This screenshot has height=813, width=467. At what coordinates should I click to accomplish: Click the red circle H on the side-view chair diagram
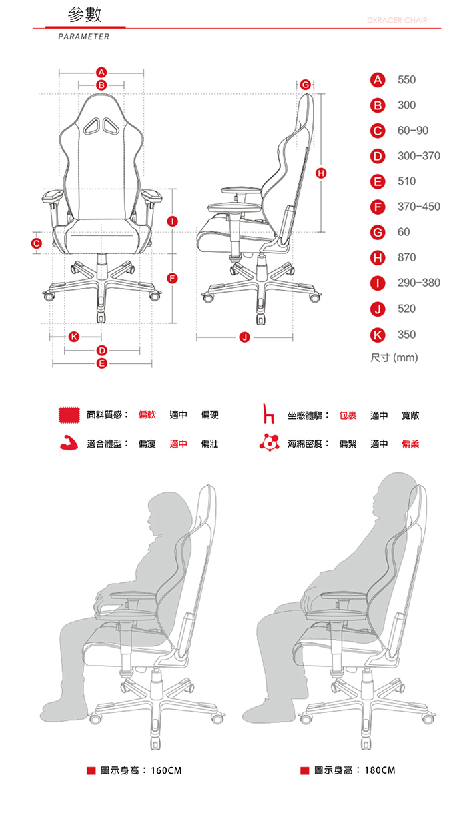pyautogui.click(x=321, y=173)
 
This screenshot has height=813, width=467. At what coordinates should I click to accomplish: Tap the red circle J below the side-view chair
pyautogui.click(x=244, y=337)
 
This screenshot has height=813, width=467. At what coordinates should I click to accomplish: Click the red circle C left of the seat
pyautogui.click(x=36, y=243)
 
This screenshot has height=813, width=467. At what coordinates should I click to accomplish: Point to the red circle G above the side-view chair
pyautogui.click(x=306, y=85)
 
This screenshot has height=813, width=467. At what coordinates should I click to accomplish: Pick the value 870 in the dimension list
pyautogui.click(x=406, y=257)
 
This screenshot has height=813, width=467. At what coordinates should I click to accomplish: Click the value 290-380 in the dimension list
pyautogui.click(x=419, y=283)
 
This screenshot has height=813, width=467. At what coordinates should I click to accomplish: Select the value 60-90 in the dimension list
pyautogui.click(x=413, y=130)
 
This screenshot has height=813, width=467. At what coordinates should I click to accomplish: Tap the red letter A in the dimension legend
pyautogui.click(x=378, y=80)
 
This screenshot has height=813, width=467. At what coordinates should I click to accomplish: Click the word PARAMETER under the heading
pyautogui.click(x=84, y=37)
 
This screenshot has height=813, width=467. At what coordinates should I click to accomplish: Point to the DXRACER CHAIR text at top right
pyautogui.click(x=397, y=20)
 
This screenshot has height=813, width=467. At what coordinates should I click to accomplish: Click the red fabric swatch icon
pyautogui.click(x=69, y=415)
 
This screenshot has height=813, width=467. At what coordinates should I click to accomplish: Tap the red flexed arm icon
pyautogui.click(x=69, y=442)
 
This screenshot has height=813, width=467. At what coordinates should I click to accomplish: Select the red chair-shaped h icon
pyautogui.click(x=268, y=414)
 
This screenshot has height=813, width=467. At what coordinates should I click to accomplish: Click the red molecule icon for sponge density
pyautogui.click(x=269, y=442)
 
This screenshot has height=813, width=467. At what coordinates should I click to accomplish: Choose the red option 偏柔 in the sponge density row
pyautogui.click(x=410, y=443)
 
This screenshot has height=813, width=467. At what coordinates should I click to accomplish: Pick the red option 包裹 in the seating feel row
pyautogui.click(x=348, y=416)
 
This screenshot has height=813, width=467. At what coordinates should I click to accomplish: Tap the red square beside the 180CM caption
pyautogui.click(x=304, y=770)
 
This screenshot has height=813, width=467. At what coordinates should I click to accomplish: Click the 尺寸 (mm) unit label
pyautogui.click(x=394, y=358)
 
